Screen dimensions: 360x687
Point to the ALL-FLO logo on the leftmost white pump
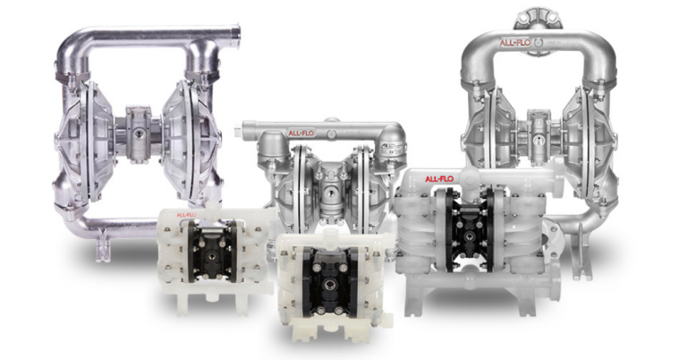(x=187, y=215)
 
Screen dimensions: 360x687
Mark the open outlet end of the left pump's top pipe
(x=236, y=37)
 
